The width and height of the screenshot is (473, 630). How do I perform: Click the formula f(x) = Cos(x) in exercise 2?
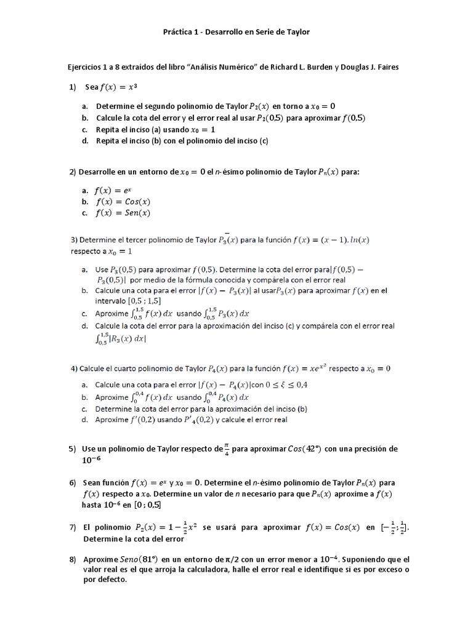123,202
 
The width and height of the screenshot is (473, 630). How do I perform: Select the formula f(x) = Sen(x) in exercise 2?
123,213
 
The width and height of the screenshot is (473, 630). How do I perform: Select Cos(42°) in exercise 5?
304,449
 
